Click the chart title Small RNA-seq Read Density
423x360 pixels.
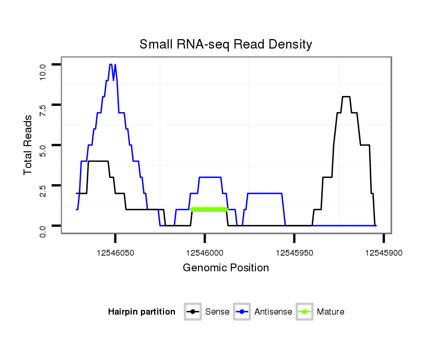click(x=226, y=44)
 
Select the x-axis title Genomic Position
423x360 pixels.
click(x=226, y=268)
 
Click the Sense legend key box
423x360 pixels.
click(x=193, y=312)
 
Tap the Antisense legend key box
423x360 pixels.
click(x=242, y=312)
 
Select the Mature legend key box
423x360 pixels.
click(x=304, y=312)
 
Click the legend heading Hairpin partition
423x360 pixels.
click(x=142, y=312)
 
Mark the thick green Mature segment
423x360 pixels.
click(x=209, y=209)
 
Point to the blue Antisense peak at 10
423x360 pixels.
click(x=110, y=65)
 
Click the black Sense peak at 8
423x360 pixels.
click(x=346, y=97)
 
